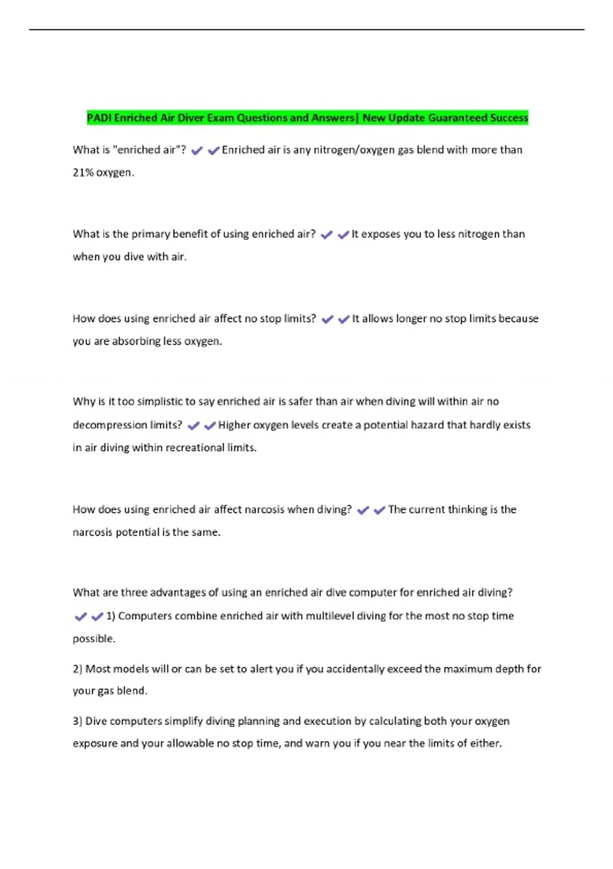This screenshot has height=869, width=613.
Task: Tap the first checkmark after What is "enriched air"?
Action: [x=197, y=150]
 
